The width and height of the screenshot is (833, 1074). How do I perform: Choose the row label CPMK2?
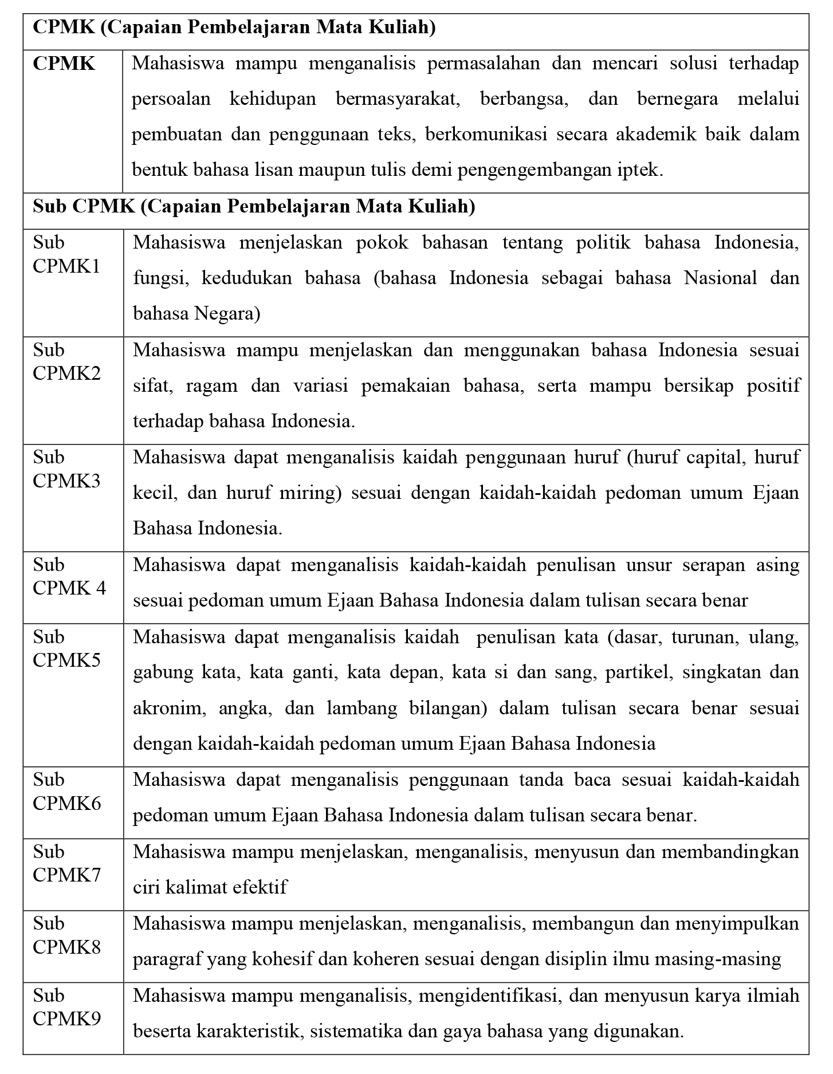[x=66, y=373]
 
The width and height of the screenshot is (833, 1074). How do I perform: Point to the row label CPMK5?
[x=66, y=660]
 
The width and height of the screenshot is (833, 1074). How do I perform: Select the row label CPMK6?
[x=66, y=803]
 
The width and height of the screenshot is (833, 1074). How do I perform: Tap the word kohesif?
[x=276, y=959]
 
